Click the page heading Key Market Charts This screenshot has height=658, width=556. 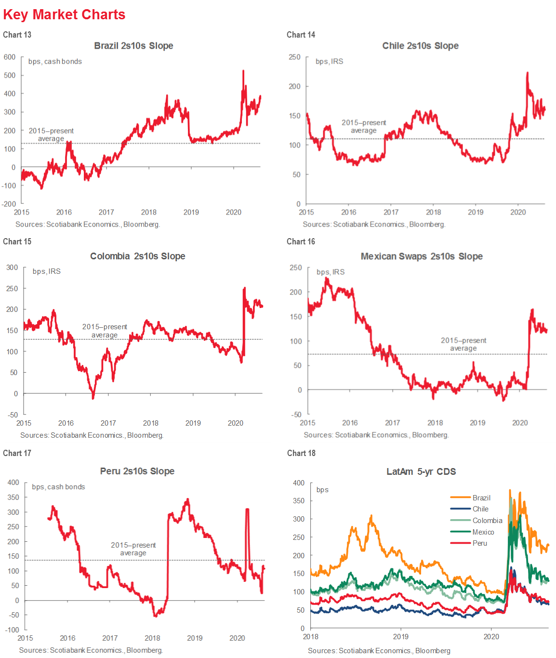64,14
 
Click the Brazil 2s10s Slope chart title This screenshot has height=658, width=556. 133,46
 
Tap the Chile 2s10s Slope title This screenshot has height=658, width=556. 420,46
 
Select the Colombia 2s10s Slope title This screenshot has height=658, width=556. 137,256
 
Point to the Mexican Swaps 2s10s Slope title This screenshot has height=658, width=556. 422,256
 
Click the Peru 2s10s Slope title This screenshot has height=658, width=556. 137,471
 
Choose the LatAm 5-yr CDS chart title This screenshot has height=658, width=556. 421,471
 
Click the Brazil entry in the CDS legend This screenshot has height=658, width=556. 481,497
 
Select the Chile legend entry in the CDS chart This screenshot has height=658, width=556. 480,509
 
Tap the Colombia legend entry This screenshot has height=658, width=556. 487,521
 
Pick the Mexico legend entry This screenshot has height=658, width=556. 483,532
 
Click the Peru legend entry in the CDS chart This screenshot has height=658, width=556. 479,543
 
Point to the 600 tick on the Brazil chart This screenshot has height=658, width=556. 10,57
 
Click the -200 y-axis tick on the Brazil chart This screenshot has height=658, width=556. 9,204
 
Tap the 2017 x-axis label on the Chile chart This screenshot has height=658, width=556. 391,212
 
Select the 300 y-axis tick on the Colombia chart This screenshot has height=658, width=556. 12,268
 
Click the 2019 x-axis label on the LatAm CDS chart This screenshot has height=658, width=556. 400,636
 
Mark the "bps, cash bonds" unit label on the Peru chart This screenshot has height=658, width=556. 58,487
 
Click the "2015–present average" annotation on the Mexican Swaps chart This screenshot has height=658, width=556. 463,344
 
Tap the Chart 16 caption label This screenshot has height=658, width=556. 301,242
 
